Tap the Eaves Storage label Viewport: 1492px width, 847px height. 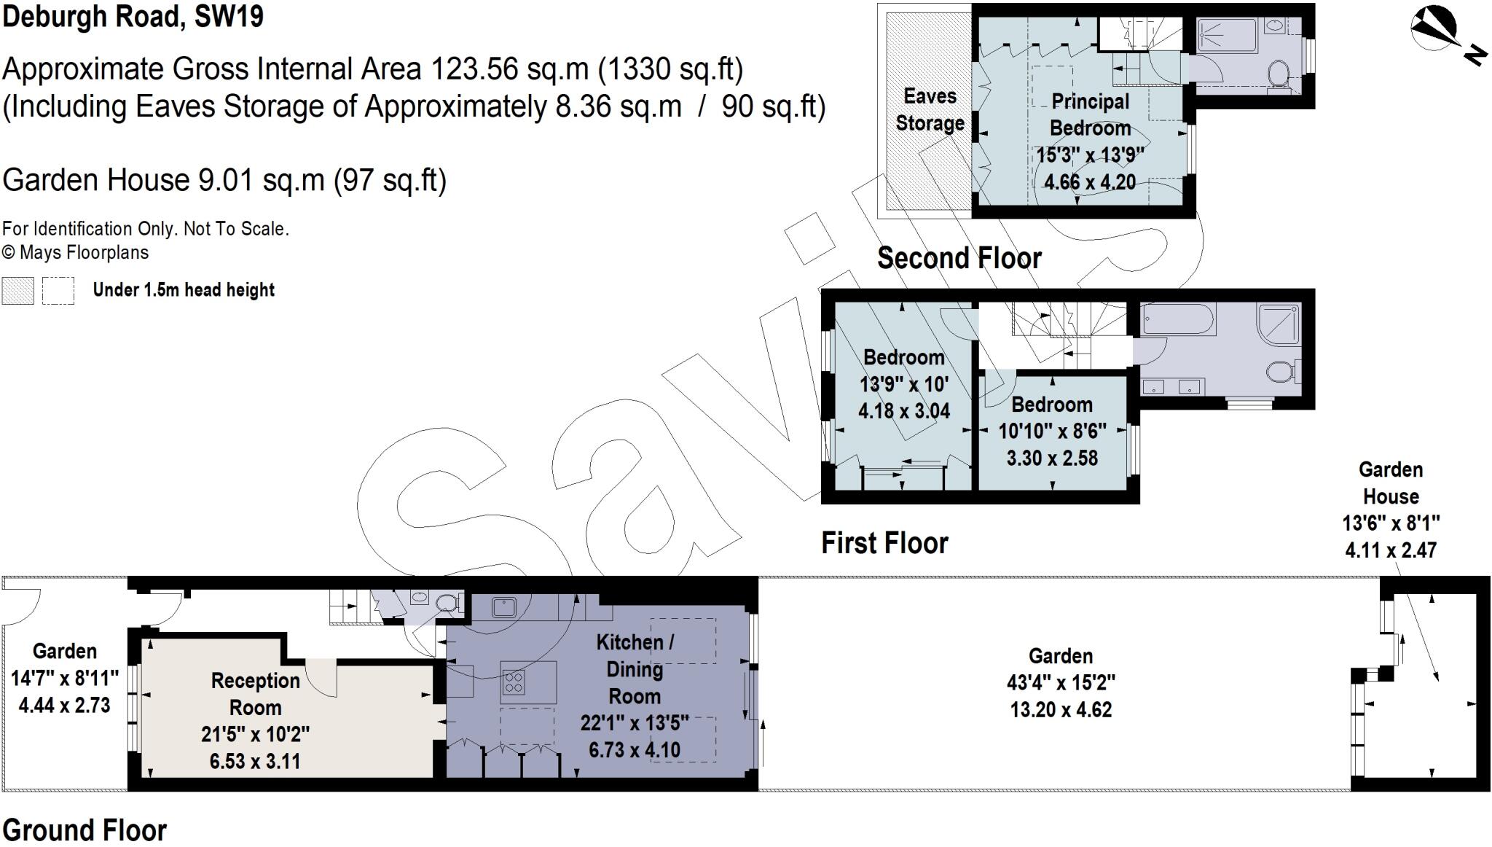930,109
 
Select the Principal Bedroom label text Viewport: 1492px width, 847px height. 1090,114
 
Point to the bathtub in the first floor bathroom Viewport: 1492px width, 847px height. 1178,319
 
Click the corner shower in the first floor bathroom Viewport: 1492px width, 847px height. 1279,324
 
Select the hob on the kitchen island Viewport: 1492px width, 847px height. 514,682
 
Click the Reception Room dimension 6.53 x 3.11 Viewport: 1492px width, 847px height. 255,762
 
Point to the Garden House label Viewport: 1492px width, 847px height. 1390,483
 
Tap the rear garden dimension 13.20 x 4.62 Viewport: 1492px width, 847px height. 1061,709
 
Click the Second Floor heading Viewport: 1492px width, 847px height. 959,258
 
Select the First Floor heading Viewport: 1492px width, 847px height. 884,543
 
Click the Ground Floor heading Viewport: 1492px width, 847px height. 85,830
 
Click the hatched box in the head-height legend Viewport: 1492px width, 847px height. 17,290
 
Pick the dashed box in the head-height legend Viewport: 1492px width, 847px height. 58,290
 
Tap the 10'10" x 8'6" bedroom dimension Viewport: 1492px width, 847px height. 1052,432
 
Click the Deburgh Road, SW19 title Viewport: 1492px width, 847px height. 133,16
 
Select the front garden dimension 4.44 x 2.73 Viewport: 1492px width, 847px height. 64,705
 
